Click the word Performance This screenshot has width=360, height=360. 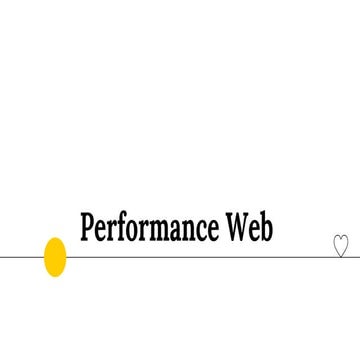tap(150, 228)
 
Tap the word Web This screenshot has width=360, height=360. tap(248, 228)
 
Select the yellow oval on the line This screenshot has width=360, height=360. tap(56, 257)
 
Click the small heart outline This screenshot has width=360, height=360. tap(340, 245)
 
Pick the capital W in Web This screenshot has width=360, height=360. tap(236, 228)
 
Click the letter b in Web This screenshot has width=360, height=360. tap(266, 227)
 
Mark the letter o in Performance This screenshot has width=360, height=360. tap(134, 230)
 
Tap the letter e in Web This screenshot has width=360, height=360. tap(254, 230)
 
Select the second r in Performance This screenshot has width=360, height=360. tap(144, 230)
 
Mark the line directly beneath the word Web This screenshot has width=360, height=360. tap(248, 257)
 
